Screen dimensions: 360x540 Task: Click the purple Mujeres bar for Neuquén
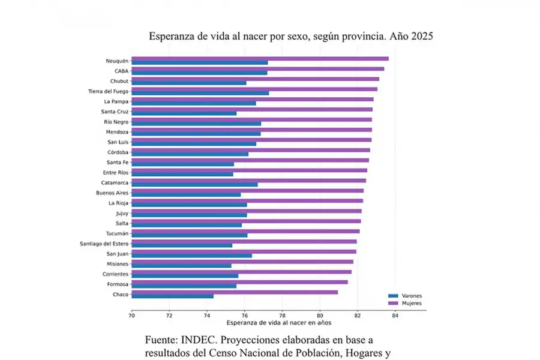tap(260, 58)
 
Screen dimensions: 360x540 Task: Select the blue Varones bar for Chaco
tap(172, 296)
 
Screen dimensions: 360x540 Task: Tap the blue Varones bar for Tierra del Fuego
tap(200, 93)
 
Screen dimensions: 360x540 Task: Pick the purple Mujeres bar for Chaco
tap(235, 292)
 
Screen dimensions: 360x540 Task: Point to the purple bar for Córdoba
tap(250, 150)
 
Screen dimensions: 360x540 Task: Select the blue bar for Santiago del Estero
tap(182, 245)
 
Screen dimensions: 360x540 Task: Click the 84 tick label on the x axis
tap(395, 314)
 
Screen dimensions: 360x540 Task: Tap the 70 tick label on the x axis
tap(131, 314)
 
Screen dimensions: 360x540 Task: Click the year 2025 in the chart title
tap(419, 36)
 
